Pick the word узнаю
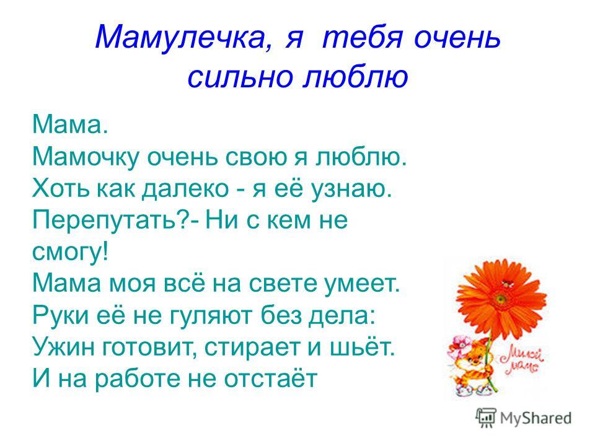[x=351, y=190]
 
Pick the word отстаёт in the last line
[x=271, y=378]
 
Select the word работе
[x=138, y=378]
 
